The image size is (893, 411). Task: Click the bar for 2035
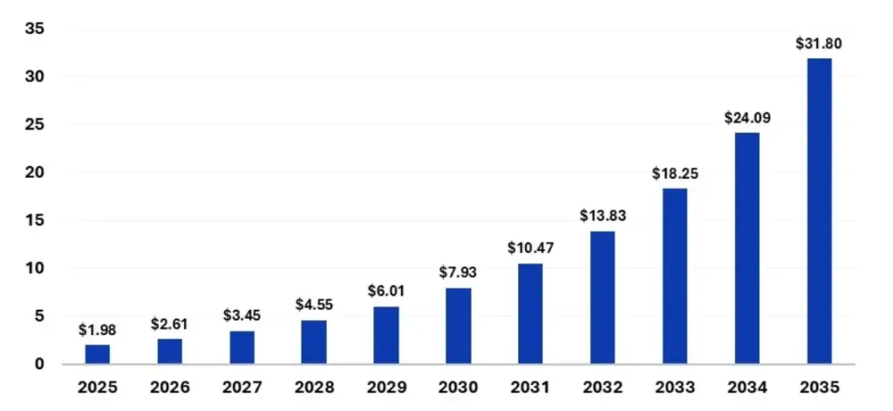(x=819, y=210)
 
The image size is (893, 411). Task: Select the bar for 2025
(x=98, y=353)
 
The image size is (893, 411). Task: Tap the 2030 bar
(x=459, y=325)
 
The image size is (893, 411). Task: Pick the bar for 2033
(x=675, y=276)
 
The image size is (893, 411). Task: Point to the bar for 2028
(x=314, y=341)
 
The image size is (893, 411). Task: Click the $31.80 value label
(x=819, y=44)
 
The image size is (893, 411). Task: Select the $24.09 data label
(x=746, y=117)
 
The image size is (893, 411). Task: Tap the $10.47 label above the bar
(x=530, y=248)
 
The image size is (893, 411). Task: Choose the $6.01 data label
(x=386, y=291)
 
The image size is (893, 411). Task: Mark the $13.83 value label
(x=603, y=216)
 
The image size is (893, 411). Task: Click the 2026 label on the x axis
(x=170, y=387)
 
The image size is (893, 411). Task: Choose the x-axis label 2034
(x=746, y=387)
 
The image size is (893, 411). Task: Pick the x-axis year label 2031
(x=530, y=387)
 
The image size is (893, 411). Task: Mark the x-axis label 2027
(x=242, y=387)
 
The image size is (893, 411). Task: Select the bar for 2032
(x=603, y=297)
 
